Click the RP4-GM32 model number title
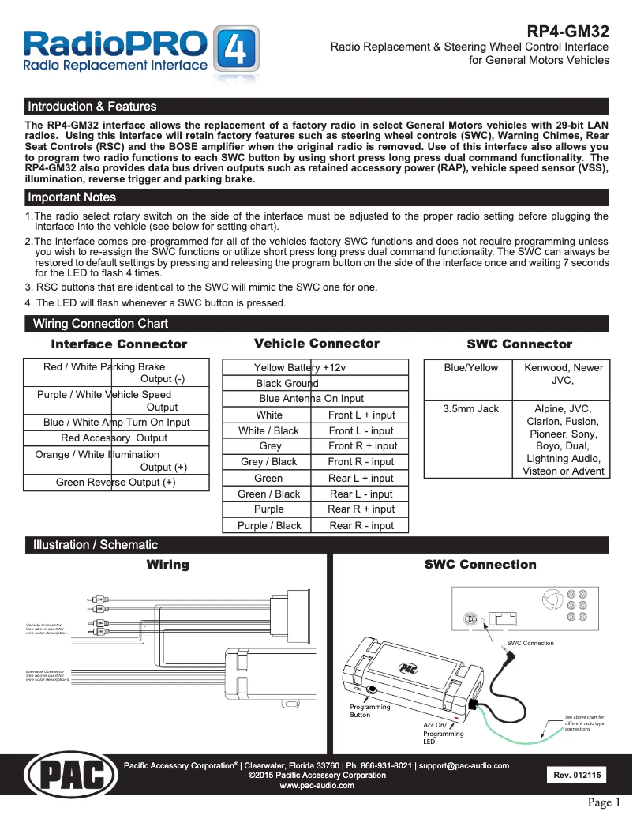click(567, 32)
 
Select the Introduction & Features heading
click(92, 107)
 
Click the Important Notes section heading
click(72, 197)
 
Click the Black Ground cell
click(287, 383)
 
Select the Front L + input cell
click(361, 415)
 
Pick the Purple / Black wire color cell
click(269, 525)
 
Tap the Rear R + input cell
click(361, 509)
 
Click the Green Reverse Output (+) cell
click(116, 483)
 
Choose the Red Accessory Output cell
click(114, 438)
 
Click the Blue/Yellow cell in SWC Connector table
click(471, 367)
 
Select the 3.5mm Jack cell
click(471, 408)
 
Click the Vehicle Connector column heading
click(316, 344)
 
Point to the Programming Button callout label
click(369, 711)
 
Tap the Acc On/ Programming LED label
click(444, 734)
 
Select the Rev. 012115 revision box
click(577, 776)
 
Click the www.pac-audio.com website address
click(316, 786)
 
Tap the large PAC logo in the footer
click(72, 777)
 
